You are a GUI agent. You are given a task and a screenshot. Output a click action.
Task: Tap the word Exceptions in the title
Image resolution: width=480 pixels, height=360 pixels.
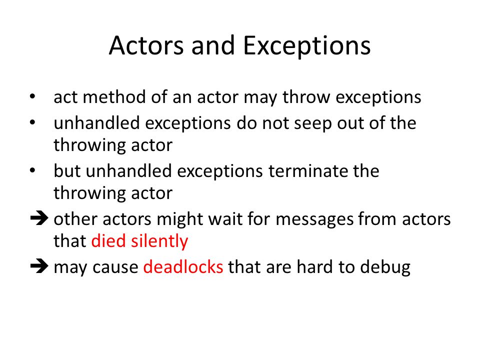[x=307, y=46]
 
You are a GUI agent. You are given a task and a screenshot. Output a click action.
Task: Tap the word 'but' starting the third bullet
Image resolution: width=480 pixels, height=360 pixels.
[x=67, y=171]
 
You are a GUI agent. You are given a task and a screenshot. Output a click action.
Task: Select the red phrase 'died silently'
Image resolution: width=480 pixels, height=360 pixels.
[x=139, y=242]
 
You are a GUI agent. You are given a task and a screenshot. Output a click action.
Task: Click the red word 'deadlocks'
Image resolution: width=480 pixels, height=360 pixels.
[x=183, y=267]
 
